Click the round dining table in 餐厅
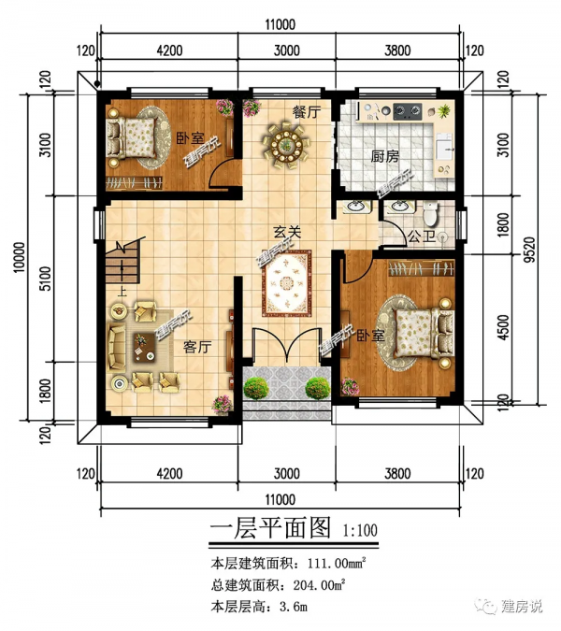[x=286, y=144]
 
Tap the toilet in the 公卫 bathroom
[x=431, y=214]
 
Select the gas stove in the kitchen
[x=407, y=110]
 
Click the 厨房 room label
[x=384, y=156]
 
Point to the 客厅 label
[x=197, y=347]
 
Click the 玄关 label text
[x=287, y=232]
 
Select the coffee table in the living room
[x=144, y=348]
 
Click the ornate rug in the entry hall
[x=287, y=283]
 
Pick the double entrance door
[x=286, y=343]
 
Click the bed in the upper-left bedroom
[x=131, y=137]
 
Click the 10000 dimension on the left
[x=20, y=257]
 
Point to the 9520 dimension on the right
[x=531, y=250]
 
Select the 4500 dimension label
[x=503, y=327]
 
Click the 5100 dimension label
[x=46, y=278]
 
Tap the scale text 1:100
[x=360, y=530]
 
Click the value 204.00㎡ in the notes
[x=320, y=584]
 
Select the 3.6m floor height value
[x=293, y=606]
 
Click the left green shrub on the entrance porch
[x=256, y=388]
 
